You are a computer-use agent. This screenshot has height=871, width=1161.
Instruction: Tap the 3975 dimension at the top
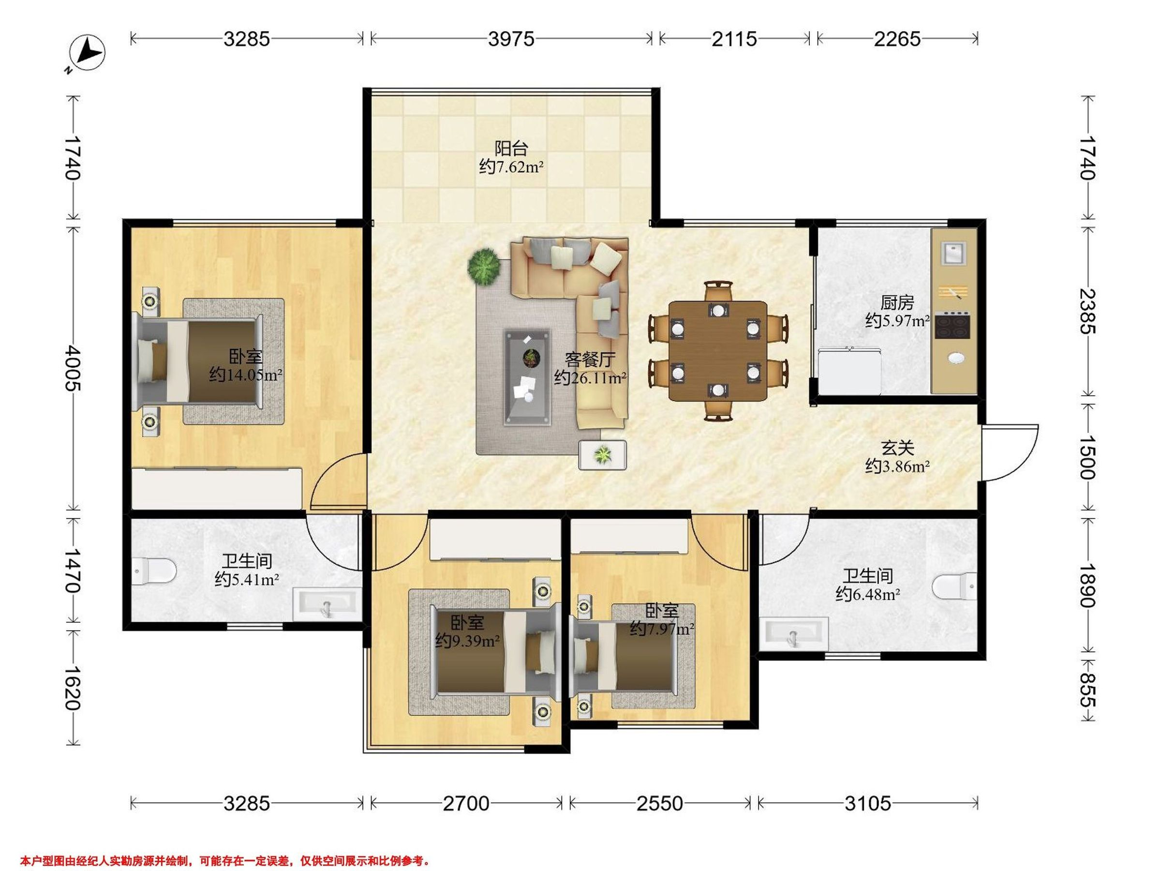pyautogui.click(x=511, y=39)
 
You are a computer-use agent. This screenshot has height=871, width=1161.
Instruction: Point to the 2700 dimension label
pyautogui.click(x=466, y=804)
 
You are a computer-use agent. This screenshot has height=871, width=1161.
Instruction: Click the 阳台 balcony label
pyautogui.click(x=511, y=148)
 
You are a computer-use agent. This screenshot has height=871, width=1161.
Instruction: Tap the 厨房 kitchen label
pyautogui.click(x=897, y=302)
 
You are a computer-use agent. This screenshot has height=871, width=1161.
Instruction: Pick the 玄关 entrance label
pyautogui.click(x=897, y=448)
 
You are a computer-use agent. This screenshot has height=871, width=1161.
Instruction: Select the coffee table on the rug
pyautogui.click(x=527, y=376)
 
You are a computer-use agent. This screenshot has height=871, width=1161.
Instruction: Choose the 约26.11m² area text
pyautogui.click(x=590, y=377)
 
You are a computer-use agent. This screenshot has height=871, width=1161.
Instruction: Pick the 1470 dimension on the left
pyautogui.click(x=72, y=571)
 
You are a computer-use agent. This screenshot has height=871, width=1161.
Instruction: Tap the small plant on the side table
pyautogui.click(x=603, y=455)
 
